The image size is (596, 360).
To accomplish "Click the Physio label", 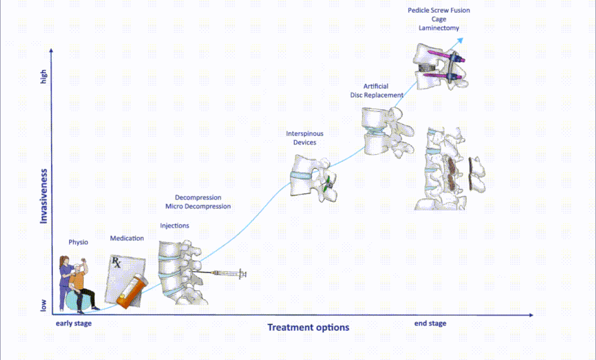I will point(78,242).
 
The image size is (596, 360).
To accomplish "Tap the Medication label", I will point(127,238).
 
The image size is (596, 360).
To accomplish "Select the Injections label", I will point(175,226).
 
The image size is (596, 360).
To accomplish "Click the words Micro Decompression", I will point(198,206).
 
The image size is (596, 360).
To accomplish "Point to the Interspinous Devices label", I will point(304,138).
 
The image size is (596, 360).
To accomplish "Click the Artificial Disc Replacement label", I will point(377,91).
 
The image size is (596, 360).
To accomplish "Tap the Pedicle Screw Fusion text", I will point(439,10).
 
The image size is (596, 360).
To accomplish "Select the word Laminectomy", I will point(439,28).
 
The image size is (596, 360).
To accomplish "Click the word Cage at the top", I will point(439,19).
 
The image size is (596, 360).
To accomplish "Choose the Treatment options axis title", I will point(308,327).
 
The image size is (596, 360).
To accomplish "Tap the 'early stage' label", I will point(73,323).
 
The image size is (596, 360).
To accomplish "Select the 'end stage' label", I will point(430,323).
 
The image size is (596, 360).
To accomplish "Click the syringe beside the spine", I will point(227,273).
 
